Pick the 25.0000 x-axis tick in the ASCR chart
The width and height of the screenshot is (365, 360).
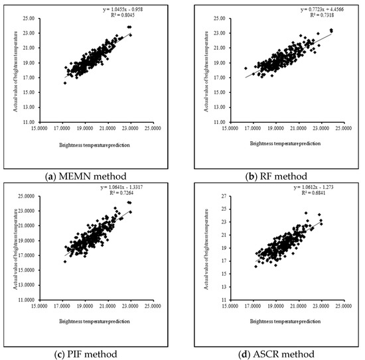(x=342, y=306)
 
